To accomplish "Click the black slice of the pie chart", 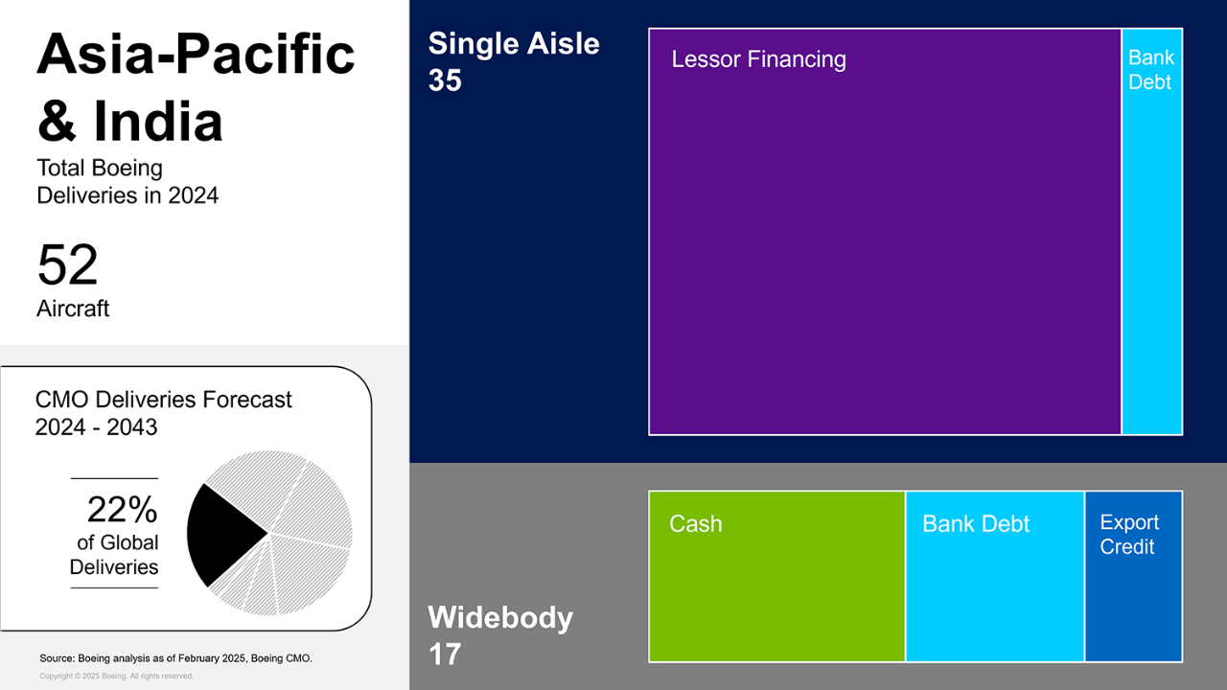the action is tap(221, 534).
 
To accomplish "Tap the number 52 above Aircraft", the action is tap(67, 265).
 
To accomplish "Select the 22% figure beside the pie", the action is tap(122, 510).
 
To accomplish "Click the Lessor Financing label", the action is tap(758, 59).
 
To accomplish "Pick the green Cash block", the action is tap(776, 576).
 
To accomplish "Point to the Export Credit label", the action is tap(1129, 534).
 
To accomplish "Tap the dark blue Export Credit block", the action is tap(1133, 576).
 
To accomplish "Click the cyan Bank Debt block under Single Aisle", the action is tap(1152, 232).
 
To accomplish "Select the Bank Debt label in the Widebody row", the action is tap(976, 523).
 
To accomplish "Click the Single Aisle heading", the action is tap(514, 43).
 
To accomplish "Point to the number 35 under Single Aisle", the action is tap(445, 80).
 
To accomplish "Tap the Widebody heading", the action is tap(500, 617).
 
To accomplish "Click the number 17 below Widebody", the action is tap(444, 655).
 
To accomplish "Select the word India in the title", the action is tap(158, 121).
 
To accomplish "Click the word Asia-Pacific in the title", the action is tap(196, 55).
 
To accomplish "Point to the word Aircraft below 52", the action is tap(73, 309).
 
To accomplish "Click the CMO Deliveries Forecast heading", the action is tap(163, 400).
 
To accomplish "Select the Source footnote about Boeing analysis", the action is tap(175, 658).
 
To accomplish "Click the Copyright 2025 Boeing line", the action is tap(116, 677).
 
